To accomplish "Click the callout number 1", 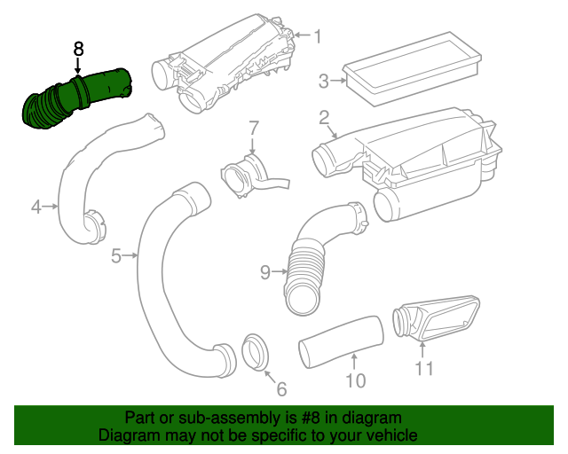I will click(316, 36).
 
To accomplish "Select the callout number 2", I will click(324, 118).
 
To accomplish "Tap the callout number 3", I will click(326, 82).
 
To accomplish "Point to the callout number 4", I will click(36, 207).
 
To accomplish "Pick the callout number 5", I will click(117, 256).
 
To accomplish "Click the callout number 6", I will click(281, 388).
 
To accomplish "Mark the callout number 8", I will click(78, 48).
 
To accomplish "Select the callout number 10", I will click(355, 381).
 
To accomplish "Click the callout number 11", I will click(425, 368).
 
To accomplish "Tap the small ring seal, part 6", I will click(255, 351).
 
